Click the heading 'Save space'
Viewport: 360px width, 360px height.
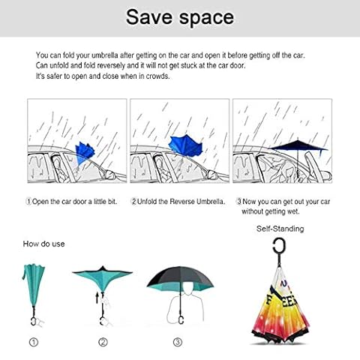(x=180, y=17)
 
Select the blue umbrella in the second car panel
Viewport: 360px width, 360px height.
(x=185, y=145)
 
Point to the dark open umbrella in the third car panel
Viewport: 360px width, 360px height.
(x=299, y=145)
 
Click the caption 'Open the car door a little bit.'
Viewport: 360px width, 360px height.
(x=74, y=202)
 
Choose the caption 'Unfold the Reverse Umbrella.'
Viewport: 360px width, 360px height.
(x=181, y=202)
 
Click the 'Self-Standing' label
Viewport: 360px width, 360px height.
(x=280, y=229)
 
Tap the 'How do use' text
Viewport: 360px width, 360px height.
(x=43, y=244)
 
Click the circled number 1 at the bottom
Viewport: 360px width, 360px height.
(x=34, y=342)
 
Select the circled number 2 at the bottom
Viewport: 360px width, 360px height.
(x=103, y=342)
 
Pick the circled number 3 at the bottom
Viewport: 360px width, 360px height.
(x=178, y=342)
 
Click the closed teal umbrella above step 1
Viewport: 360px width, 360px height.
(x=34, y=285)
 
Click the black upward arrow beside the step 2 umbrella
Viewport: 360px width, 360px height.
(x=97, y=298)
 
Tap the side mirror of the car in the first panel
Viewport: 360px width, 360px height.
(x=109, y=174)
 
